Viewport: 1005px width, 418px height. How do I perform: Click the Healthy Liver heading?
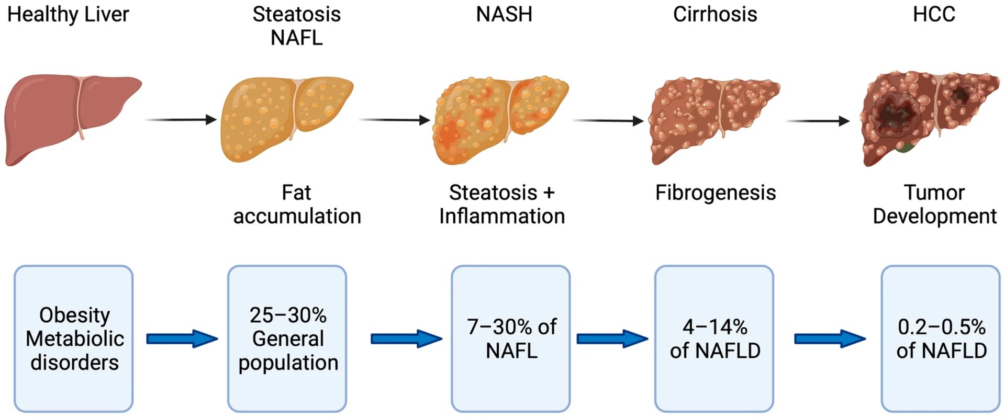68,15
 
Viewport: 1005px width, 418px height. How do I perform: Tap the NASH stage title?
504,15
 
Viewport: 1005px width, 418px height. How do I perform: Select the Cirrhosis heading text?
714,15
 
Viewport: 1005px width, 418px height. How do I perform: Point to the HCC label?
934,15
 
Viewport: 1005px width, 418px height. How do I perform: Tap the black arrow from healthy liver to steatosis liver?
181,120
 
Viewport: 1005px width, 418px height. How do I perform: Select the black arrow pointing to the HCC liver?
818,121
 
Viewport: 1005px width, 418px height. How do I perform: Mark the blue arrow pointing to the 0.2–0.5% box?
830,338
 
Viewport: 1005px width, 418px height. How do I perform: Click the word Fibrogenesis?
715,193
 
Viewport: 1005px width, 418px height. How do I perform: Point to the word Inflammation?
502,216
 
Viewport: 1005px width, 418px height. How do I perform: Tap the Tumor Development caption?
934,205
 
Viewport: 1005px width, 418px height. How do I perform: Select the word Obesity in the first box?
74,315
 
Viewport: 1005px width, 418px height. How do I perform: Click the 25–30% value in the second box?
288,315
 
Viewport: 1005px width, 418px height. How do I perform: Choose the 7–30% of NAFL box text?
511,338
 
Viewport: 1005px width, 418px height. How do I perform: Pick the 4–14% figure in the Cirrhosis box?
714,327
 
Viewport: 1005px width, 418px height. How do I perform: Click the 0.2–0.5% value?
941,327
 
